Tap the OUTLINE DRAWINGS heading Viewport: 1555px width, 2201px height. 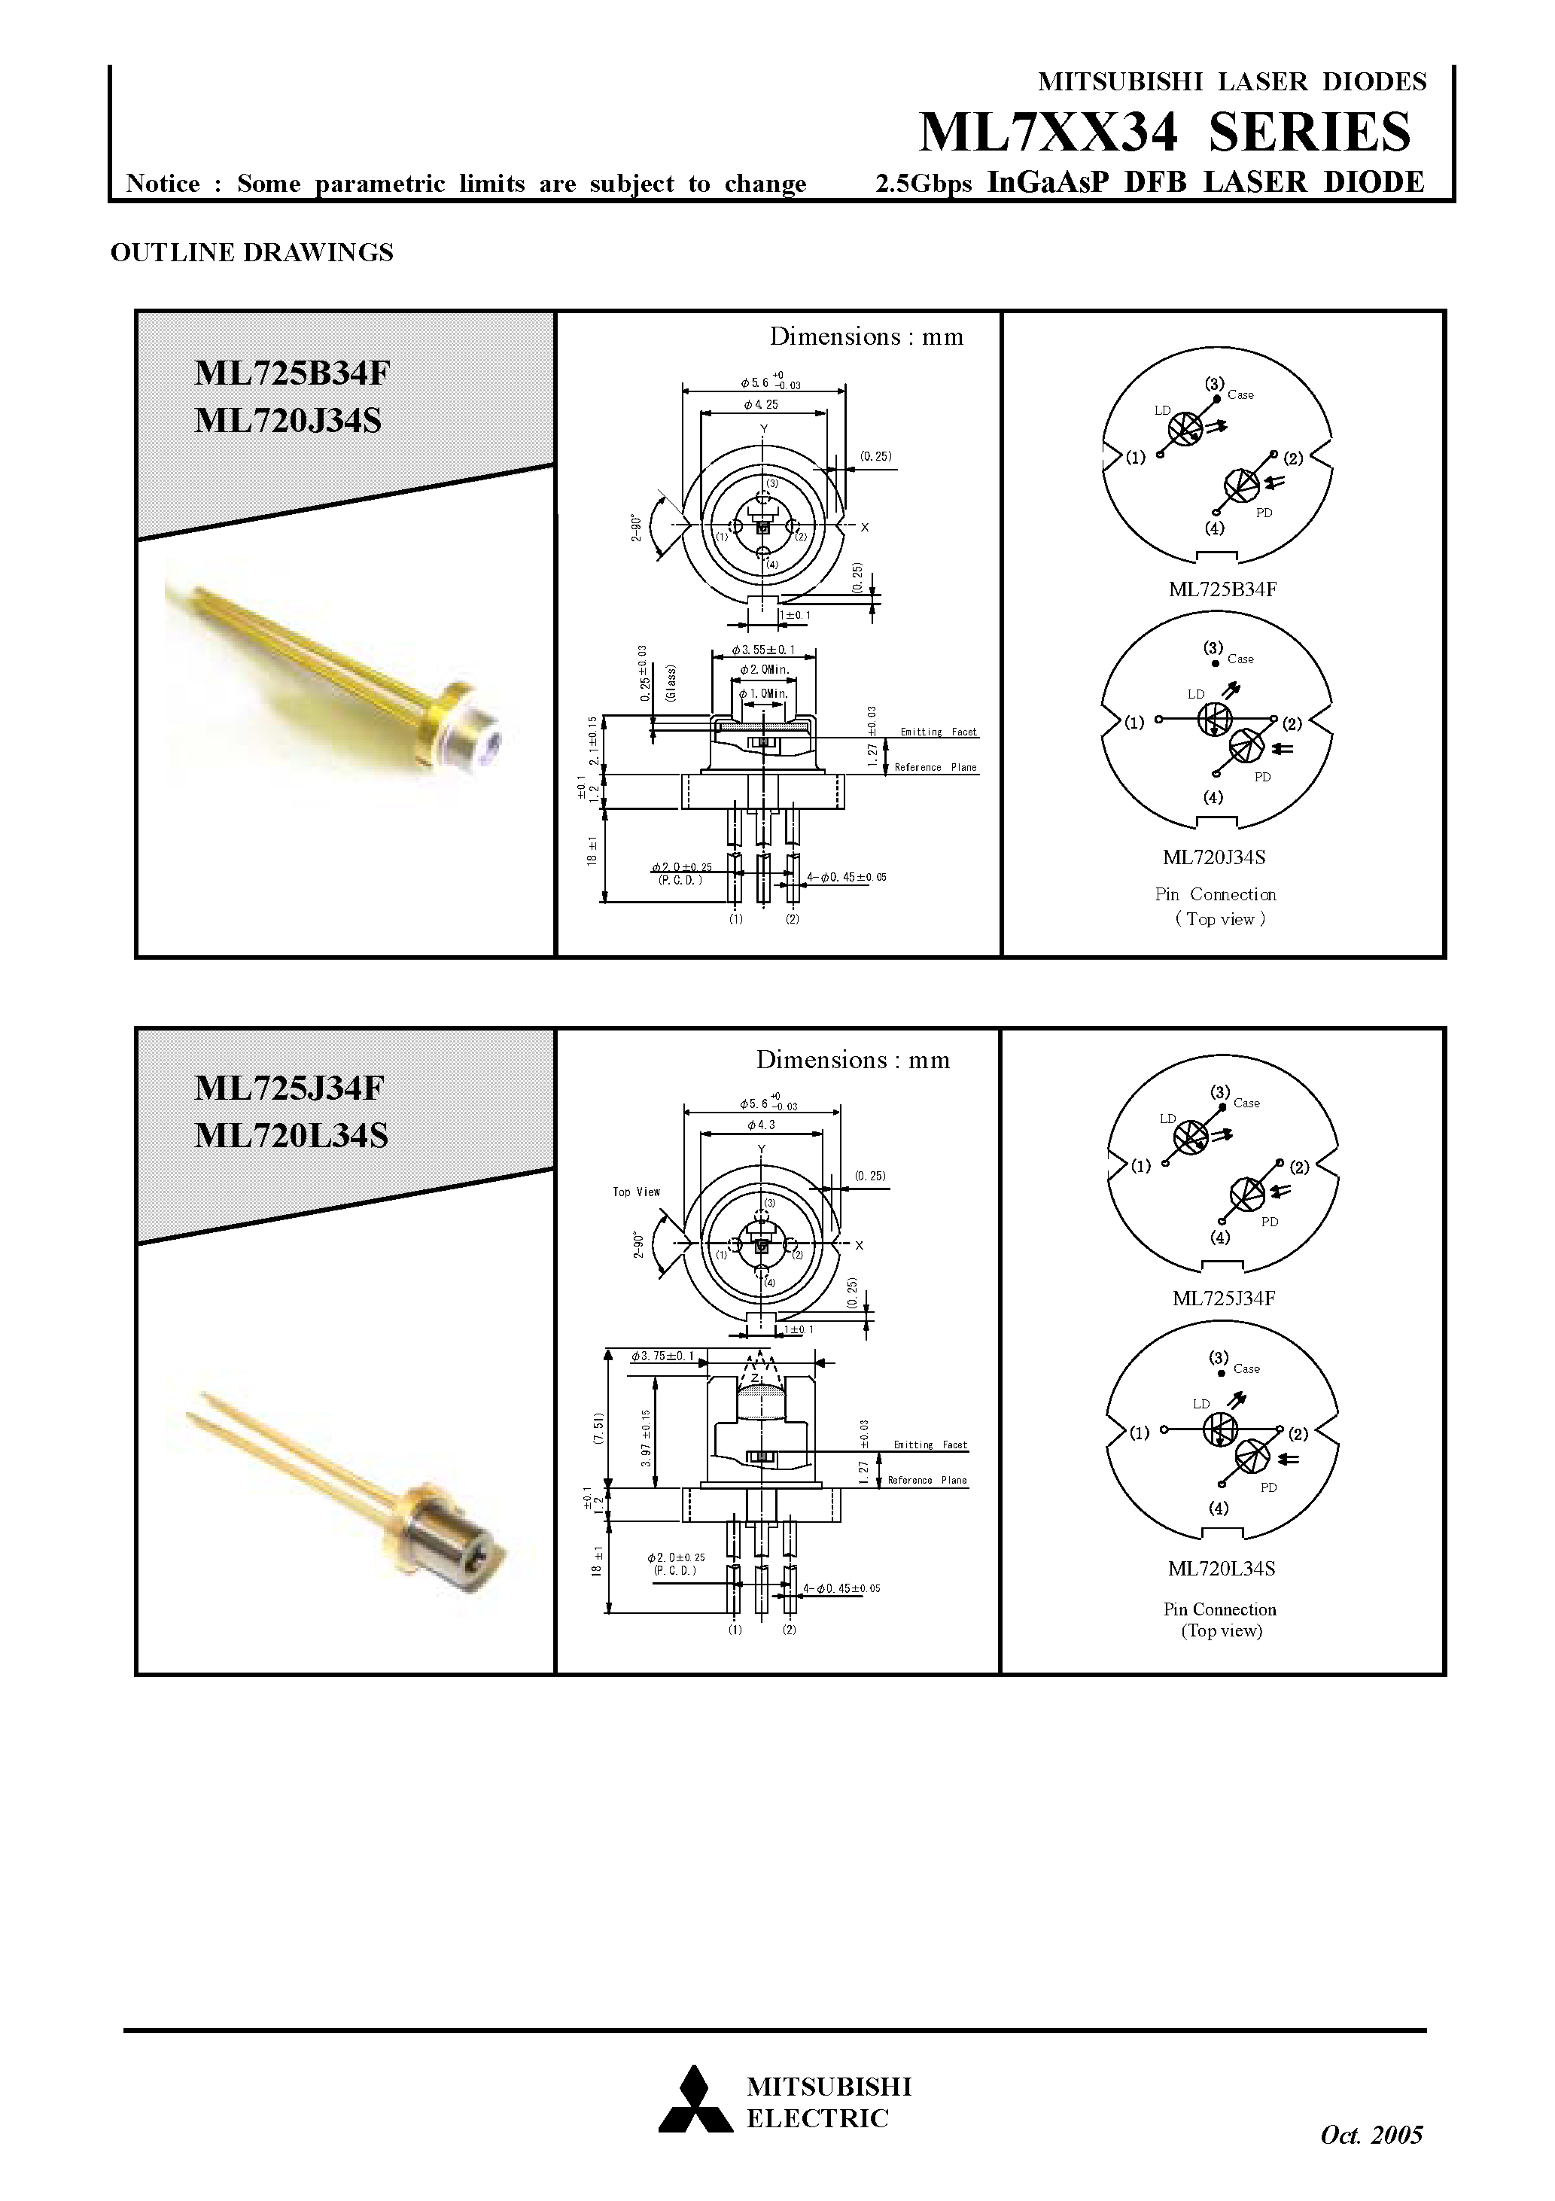coord(252,252)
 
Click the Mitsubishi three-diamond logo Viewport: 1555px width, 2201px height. coord(694,2100)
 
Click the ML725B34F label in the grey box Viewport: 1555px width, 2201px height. coord(292,372)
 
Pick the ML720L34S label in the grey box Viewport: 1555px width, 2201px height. coord(291,1135)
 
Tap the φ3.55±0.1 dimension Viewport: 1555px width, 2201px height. coord(763,650)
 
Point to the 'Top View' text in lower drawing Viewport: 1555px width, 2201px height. coord(637,1192)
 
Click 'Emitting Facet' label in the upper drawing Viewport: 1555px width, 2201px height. coord(938,732)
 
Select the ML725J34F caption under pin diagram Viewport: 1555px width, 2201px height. coord(1223,1298)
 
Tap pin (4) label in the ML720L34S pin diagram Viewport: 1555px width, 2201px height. coord(1218,1507)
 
